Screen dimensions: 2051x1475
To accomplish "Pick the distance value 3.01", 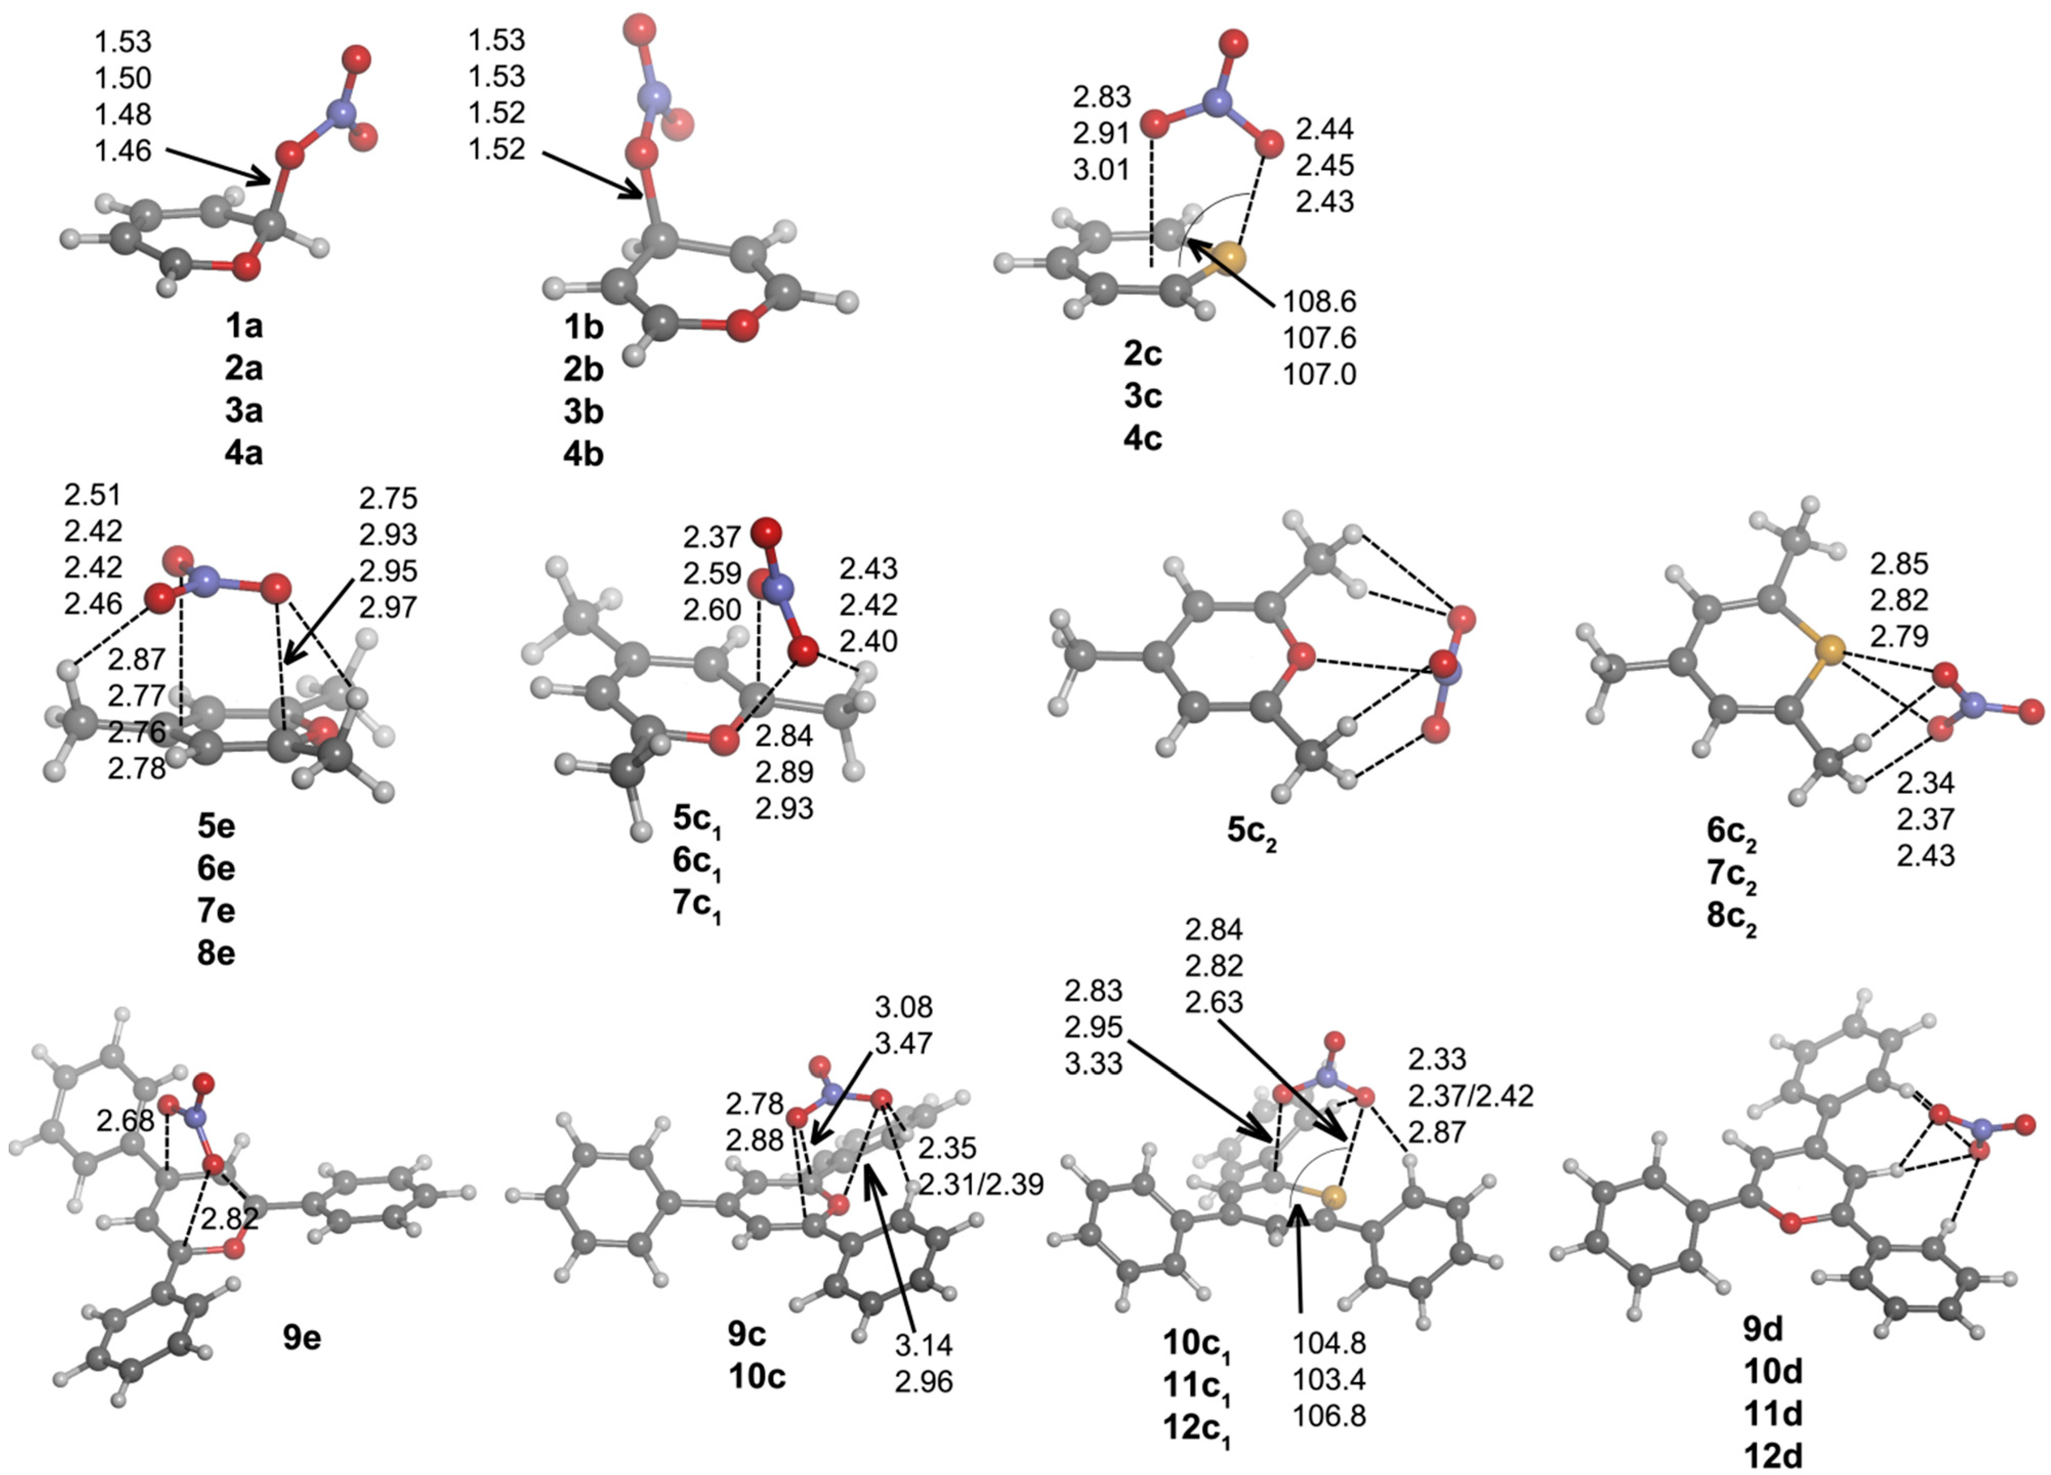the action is click(x=1101, y=169).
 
